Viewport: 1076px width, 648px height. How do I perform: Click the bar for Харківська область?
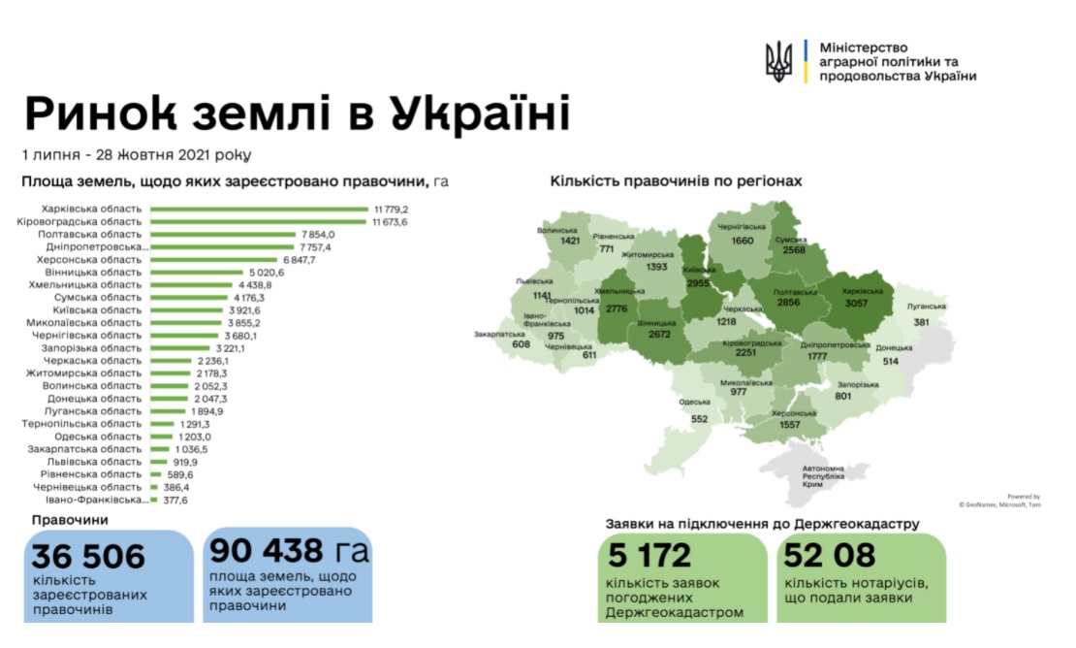[x=260, y=210]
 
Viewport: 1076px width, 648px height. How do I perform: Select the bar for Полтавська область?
[x=222, y=235]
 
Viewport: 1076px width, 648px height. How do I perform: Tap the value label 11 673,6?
[x=391, y=222]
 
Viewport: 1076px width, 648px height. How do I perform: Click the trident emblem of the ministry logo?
[x=778, y=61]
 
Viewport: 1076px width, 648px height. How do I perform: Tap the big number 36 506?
[x=88, y=556]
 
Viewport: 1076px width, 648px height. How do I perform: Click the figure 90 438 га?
[x=288, y=551]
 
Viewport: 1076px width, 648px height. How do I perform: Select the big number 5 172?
[x=649, y=556]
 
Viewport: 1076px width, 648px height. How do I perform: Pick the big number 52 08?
[x=833, y=556]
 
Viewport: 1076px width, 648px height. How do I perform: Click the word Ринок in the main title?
[x=105, y=114]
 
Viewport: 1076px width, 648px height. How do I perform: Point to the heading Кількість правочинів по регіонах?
[x=676, y=181]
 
